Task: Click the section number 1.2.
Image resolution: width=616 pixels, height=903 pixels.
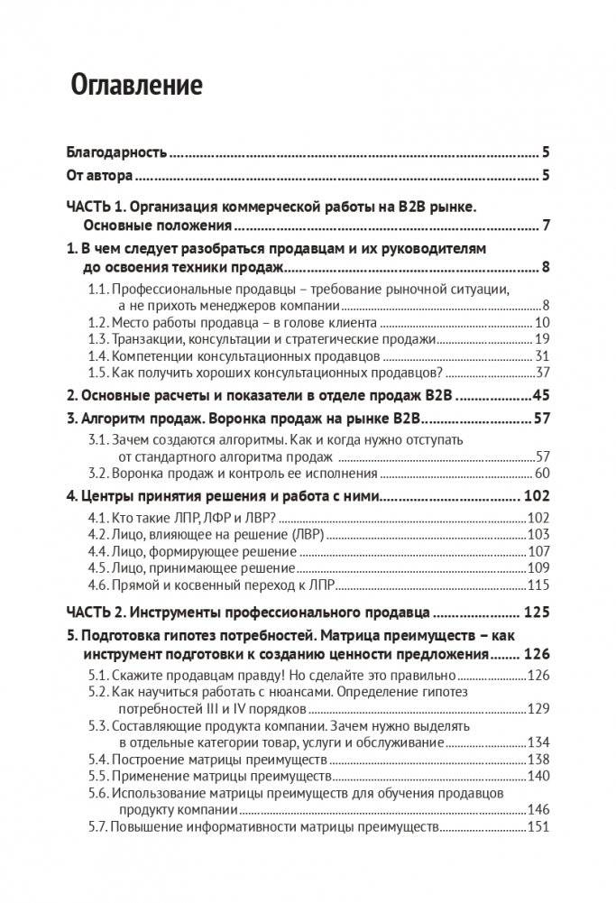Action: pyautogui.click(x=98, y=322)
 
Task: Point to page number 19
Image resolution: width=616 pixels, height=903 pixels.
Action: pyautogui.click(x=542, y=339)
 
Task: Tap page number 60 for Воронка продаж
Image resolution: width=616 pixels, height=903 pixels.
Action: pyautogui.click(x=542, y=472)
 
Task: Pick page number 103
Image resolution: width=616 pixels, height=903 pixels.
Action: pyautogui.click(x=538, y=535)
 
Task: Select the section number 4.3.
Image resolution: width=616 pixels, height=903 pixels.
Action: pyautogui.click(x=98, y=551)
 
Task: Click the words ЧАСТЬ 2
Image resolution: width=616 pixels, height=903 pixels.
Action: pyautogui.click(x=101, y=612)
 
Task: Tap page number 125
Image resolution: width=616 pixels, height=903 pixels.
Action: pyautogui.click(x=536, y=612)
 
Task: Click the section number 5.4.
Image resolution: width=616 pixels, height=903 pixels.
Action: pyautogui.click(x=98, y=759)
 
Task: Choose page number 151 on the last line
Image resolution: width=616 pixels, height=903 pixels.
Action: pyautogui.click(x=538, y=827)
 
